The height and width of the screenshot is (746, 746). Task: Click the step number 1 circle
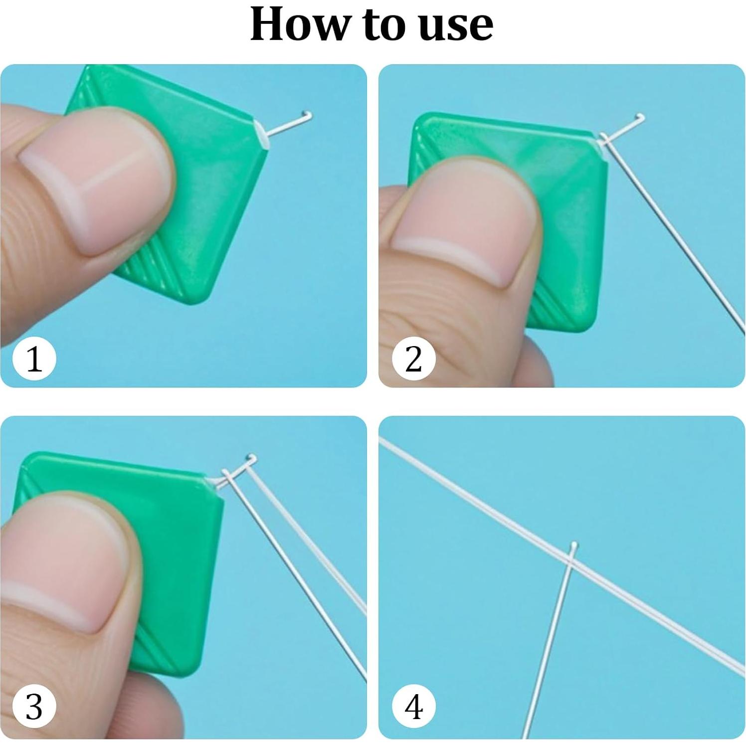pyautogui.click(x=34, y=359)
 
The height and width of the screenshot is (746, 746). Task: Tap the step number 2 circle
pyautogui.click(x=413, y=359)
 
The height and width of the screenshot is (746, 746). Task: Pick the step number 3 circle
pyautogui.click(x=34, y=707)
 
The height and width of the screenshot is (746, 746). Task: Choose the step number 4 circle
pyautogui.click(x=413, y=707)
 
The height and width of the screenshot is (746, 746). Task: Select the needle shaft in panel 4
pyautogui.click(x=549, y=643)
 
